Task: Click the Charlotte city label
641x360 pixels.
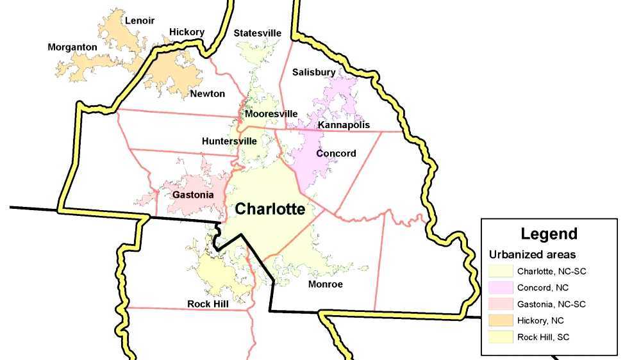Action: click(270, 209)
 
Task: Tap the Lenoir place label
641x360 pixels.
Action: click(140, 20)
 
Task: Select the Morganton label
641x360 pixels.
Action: click(72, 47)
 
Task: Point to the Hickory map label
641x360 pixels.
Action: click(187, 32)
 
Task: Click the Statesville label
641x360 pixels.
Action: click(258, 33)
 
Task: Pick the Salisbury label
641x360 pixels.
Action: click(313, 72)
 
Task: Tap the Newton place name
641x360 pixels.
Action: click(207, 94)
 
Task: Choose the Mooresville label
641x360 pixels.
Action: click(271, 114)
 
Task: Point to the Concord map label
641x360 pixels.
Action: click(336, 154)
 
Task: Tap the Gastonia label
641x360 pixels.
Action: click(193, 194)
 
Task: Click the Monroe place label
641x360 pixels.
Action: click(326, 284)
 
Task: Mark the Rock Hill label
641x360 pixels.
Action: click(208, 304)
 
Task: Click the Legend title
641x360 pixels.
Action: click(549, 234)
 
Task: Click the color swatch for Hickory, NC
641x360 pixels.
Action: click(500, 320)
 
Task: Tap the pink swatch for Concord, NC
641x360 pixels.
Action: click(500, 288)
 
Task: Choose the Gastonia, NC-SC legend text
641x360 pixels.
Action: click(551, 304)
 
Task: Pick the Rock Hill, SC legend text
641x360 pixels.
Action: click(544, 337)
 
